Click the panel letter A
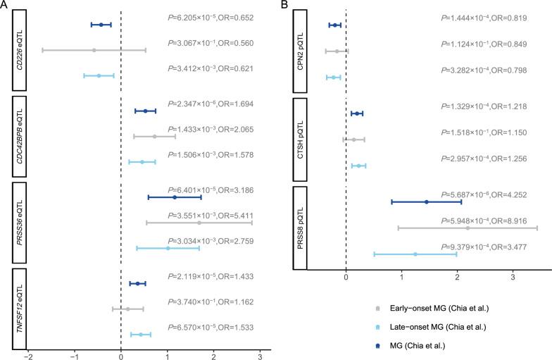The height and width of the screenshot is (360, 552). [5, 6]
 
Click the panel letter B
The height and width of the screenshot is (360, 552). [285, 6]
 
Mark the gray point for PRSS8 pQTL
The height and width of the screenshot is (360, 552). [468, 228]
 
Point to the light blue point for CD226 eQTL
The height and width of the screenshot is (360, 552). [99, 75]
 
